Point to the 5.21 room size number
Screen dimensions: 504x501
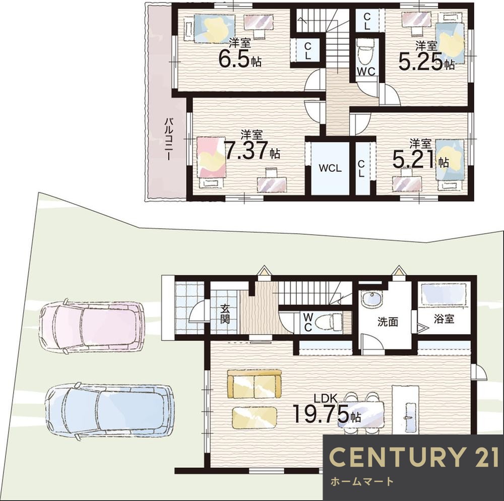point(414,158)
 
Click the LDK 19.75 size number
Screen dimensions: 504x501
point(321,414)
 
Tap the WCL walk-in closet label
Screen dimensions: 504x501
point(330,168)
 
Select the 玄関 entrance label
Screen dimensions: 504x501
point(225,314)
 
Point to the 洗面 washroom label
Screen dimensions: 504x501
point(388,322)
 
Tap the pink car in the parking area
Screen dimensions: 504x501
point(92,327)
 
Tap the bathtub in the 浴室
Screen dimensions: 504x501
point(444,294)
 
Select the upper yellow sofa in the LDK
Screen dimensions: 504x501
point(254,384)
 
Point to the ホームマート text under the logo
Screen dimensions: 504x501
point(362,481)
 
